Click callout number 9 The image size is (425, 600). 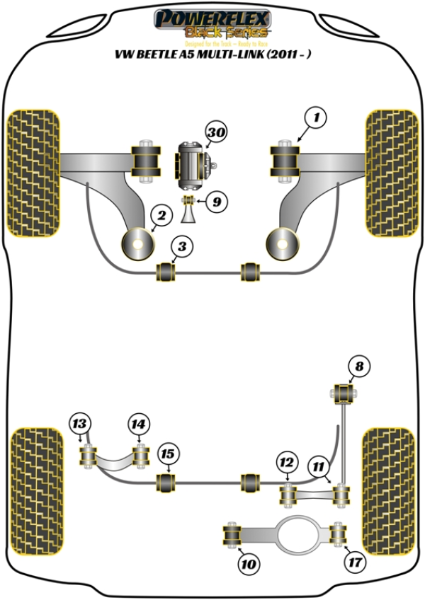pos(216,202)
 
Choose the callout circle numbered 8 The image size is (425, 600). pos(359,367)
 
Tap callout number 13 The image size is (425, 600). pos(80,424)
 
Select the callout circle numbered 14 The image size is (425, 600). pos(139,425)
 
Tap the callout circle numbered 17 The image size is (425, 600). pos(354,564)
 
